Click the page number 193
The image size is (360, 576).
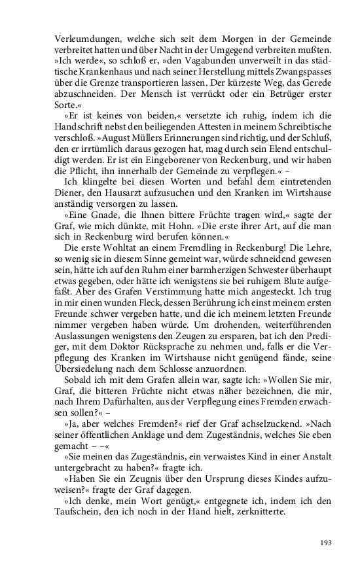326,542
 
